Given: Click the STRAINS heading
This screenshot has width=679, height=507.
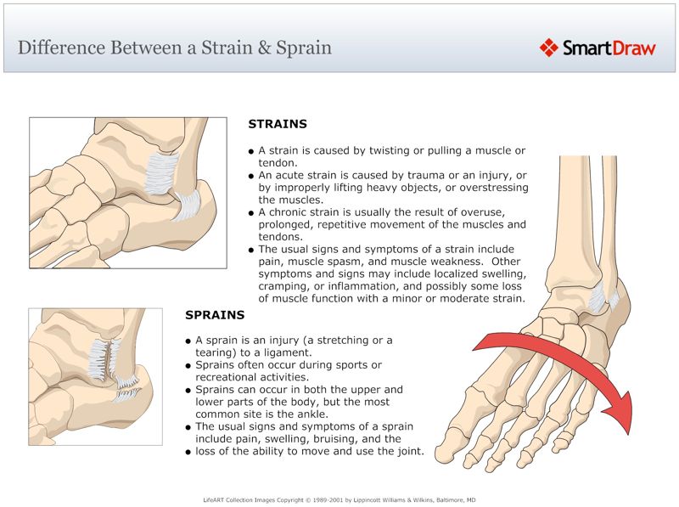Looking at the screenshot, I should point(278,124).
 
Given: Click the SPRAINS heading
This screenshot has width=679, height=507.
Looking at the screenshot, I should point(215,315).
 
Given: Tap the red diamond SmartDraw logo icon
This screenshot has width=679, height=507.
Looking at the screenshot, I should point(549,48).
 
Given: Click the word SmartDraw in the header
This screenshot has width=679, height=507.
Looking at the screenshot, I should point(609,48).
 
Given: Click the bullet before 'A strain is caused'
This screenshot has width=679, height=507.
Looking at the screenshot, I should point(252,151).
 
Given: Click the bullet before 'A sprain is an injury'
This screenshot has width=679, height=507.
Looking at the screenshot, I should point(189,341).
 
